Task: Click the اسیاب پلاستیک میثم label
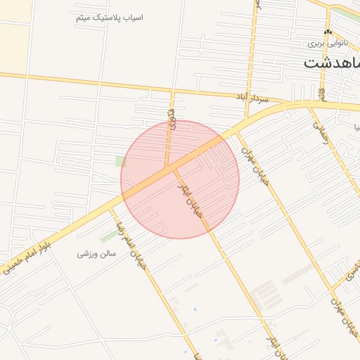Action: [x=109, y=16]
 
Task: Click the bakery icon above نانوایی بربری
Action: [x=327, y=32]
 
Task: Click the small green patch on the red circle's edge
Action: [x=121, y=162]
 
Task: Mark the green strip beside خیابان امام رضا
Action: [x=109, y=236]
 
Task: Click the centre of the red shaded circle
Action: [x=180, y=179]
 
